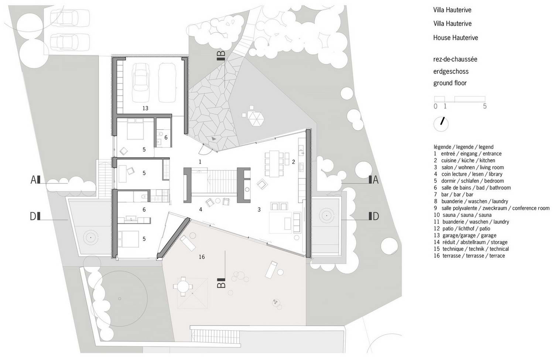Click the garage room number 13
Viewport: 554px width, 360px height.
[145, 108]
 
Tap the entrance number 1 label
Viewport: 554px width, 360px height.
[200, 162]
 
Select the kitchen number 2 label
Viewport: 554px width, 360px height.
[293, 162]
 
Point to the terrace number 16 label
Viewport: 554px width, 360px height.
[202, 257]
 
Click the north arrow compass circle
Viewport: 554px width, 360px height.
[441, 124]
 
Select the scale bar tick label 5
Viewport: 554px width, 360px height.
[485, 106]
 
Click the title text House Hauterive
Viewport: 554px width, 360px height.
[455, 38]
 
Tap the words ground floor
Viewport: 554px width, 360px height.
[450, 83]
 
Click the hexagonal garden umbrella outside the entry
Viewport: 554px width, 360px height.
[256, 119]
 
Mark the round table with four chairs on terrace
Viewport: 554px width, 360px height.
[183, 287]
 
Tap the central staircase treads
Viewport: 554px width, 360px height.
[222, 182]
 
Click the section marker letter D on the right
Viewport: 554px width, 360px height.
[376, 216]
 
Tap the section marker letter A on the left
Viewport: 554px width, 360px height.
[33, 180]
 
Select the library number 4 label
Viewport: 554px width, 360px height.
[201, 209]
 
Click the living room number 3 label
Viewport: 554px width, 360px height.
[259, 209]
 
